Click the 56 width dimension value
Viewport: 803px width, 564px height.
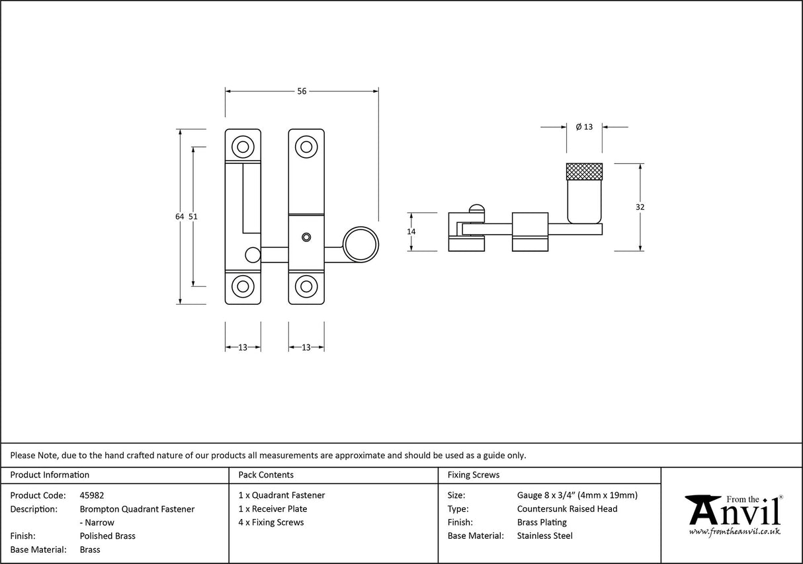pos(302,91)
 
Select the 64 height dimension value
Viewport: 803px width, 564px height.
pos(179,216)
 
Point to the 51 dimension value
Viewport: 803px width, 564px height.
pos(193,216)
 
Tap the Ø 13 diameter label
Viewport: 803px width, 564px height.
pos(584,127)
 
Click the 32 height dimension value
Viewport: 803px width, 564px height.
pos(640,207)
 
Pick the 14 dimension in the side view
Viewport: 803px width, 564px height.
pos(411,231)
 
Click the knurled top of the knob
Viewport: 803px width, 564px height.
pos(584,171)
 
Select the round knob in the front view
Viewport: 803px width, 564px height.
pos(360,244)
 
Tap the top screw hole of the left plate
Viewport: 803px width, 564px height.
pos(243,147)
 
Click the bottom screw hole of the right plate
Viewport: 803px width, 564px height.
pos(306,286)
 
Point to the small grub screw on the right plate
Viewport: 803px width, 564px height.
pos(306,237)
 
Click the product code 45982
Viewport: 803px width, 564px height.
pos(91,495)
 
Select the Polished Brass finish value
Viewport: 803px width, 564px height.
pos(107,536)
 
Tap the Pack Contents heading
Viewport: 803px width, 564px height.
pos(266,475)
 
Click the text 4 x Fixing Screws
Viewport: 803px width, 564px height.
pos(271,522)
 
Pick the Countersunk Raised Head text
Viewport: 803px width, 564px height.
pos(567,508)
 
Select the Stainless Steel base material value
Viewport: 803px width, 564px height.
pos(544,536)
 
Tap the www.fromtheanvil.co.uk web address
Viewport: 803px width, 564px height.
pos(734,531)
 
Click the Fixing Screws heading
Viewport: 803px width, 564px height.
pos(474,475)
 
